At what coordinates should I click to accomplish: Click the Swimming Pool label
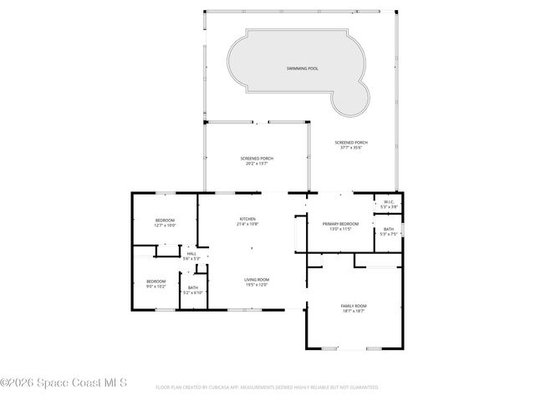tap(302, 68)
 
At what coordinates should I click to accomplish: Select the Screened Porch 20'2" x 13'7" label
tap(257, 159)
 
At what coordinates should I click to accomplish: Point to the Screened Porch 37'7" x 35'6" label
tap(351, 143)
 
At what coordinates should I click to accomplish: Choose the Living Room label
tap(256, 280)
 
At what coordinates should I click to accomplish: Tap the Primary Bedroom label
tap(340, 224)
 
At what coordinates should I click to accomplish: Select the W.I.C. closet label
tap(389, 201)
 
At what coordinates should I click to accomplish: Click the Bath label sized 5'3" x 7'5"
tap(389, 229)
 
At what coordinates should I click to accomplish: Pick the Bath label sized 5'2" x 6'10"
tap(193, 287)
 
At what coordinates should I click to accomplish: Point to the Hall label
tap(191, 254)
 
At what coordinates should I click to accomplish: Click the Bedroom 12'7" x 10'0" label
tap(165, 220)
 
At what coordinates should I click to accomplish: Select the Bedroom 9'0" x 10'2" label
tap(156, 282)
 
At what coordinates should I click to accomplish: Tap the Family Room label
tap(354, 306)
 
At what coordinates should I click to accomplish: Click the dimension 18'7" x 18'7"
tap(354, 311)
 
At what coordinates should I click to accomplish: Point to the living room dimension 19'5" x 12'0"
tap(256, 285)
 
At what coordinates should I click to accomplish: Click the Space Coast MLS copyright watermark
tap(64, 383)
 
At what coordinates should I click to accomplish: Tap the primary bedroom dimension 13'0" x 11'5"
tap(340, 229)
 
